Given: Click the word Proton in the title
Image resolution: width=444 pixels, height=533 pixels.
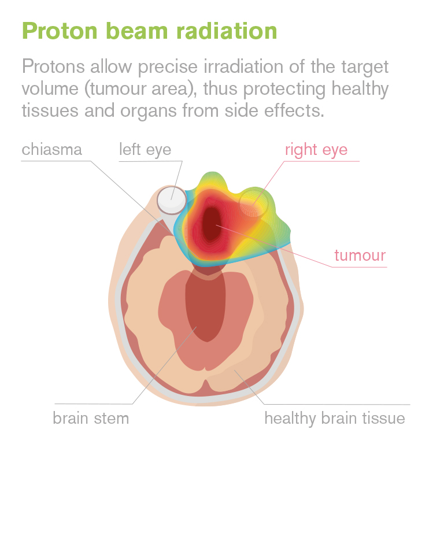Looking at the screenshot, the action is point(60,31).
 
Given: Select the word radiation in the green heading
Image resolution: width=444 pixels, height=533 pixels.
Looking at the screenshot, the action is point(227,31).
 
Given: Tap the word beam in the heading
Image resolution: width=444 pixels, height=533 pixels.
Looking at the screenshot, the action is point(137,31).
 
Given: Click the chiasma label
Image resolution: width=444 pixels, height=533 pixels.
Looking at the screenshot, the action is point(51,150).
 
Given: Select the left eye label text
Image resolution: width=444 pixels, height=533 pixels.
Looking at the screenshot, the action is point(145,150).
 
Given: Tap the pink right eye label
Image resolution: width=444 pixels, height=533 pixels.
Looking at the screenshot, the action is point(316,150).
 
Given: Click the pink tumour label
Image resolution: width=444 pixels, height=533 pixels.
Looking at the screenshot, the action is point(360,256).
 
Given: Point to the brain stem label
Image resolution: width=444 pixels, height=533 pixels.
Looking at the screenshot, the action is point(91,418).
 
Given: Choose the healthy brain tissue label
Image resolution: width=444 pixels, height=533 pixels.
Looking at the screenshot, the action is point(335,419).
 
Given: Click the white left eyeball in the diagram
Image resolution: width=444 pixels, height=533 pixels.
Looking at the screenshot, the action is point(172,200).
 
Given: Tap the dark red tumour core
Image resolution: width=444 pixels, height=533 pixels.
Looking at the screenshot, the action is point(212,224).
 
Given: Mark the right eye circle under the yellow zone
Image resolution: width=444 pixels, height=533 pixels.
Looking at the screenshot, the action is point(253,203).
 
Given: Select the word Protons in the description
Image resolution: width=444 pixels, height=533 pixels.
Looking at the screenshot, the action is point(53,66).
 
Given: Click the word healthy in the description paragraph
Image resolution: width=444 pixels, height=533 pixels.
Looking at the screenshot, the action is point(360,89).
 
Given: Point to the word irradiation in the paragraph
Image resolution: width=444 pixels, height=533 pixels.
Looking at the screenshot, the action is point(243,66).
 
